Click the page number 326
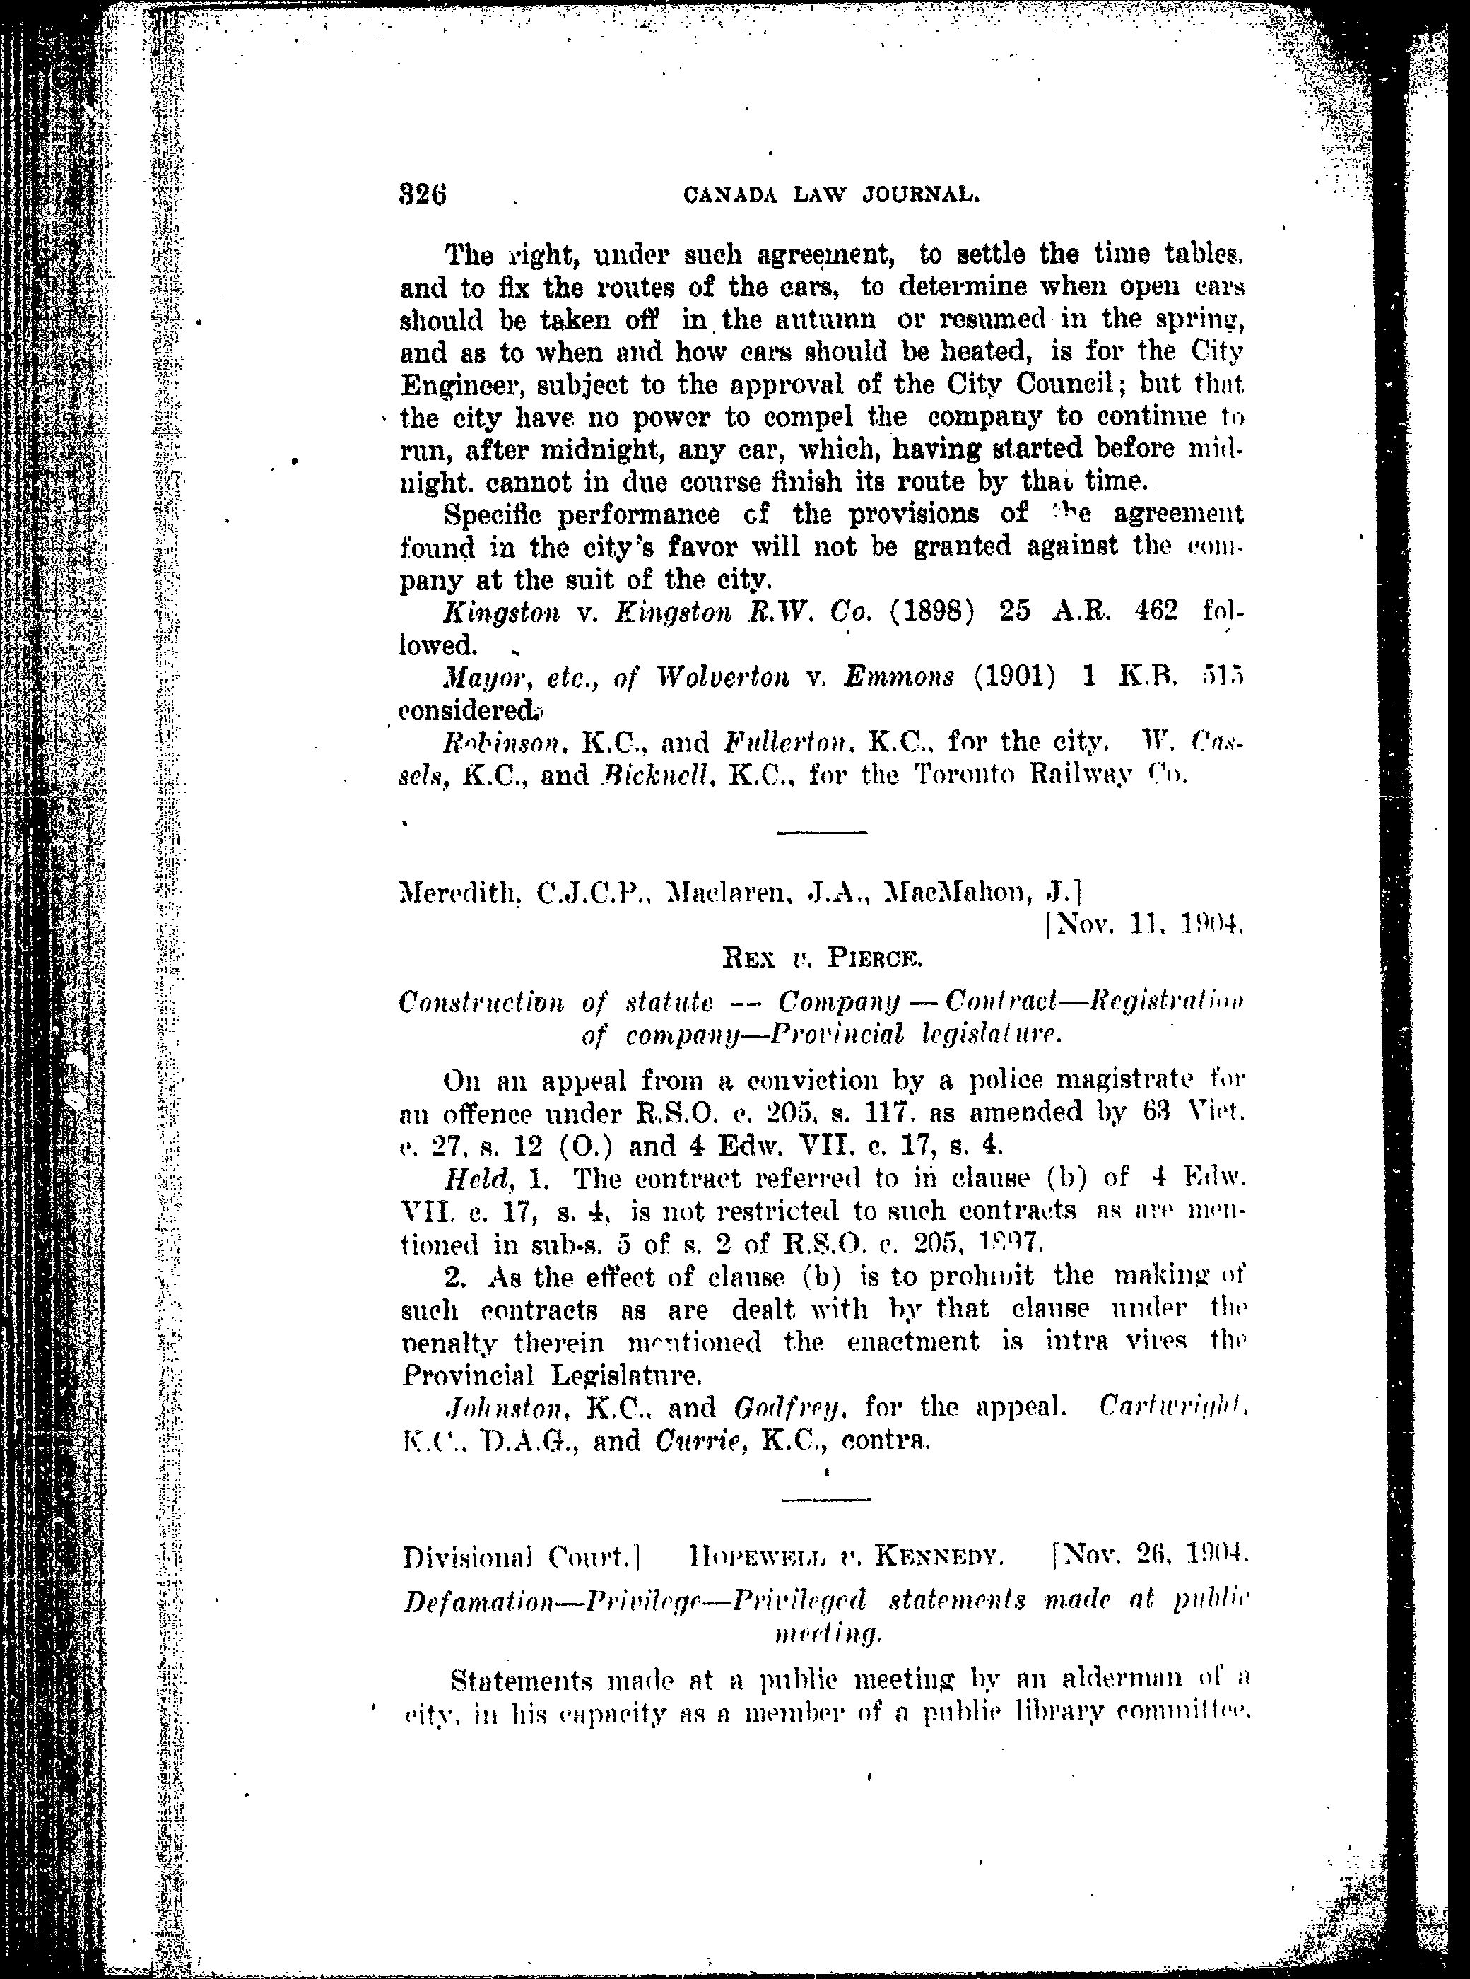(423, 194)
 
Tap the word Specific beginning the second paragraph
(495, 515)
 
